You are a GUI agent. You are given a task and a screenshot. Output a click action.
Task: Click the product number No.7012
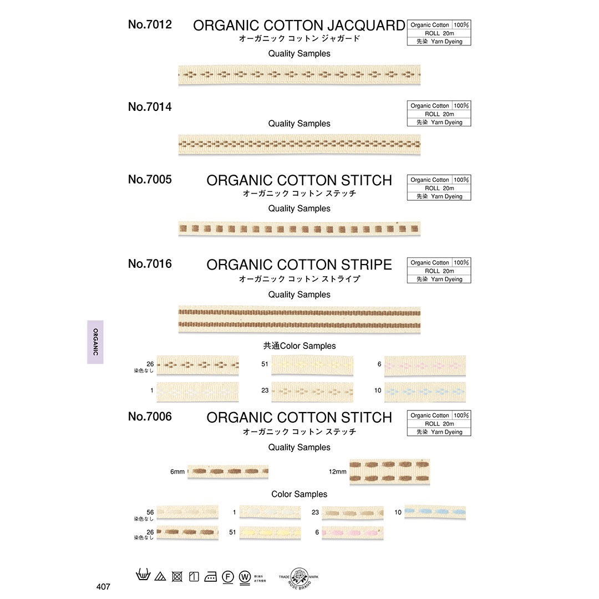pyautogui.click(x=150, y=24)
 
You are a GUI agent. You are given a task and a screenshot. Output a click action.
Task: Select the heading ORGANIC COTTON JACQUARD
pyautogui.click(x=299, y=26)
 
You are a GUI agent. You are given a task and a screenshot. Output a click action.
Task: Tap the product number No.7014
pyautogui.click(x=150, y=107)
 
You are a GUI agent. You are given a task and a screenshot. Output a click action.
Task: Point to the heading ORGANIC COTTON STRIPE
pyautogui.click(x=299, y=265)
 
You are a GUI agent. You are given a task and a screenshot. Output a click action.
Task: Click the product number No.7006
pyautogui.click(x=150, y=417)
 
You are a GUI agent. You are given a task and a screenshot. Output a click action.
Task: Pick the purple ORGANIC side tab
pyautogui.click(x=95, y=342)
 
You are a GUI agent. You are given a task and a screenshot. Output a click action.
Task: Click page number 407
pyautogui.click(x=103, y=586)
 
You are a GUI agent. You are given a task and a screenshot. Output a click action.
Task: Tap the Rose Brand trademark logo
pyautogui.click(x=299, y=576)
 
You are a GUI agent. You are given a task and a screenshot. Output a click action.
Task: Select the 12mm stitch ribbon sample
pyautogui.click(x=389, y=472)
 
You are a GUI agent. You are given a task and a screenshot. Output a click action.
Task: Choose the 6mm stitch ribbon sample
pyautogui.click(x=228, y=472)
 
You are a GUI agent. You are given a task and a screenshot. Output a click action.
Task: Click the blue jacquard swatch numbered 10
pyautogui.click(x=425, y=392)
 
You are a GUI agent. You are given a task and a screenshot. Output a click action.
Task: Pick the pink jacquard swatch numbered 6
pyautogui.click(x=425, y=366)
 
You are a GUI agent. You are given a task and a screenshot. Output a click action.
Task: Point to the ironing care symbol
pyautogui.click(x=211, y=576)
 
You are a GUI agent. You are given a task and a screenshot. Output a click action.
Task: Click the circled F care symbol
pyautogui.click(x=227, y=576)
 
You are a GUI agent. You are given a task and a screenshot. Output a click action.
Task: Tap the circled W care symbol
pyautogui.click(x=244, y=576)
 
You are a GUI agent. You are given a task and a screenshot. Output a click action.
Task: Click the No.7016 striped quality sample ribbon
pyautogui.click(x=299, y=319)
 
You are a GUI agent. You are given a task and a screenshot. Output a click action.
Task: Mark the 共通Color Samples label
pyautogui.click(x=299, y=346)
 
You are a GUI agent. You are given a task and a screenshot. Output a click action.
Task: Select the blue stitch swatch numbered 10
pyautogui.click(x=435, y=512)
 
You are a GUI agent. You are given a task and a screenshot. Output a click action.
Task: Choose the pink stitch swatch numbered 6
pyautogui.click(x=353, y=533)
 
